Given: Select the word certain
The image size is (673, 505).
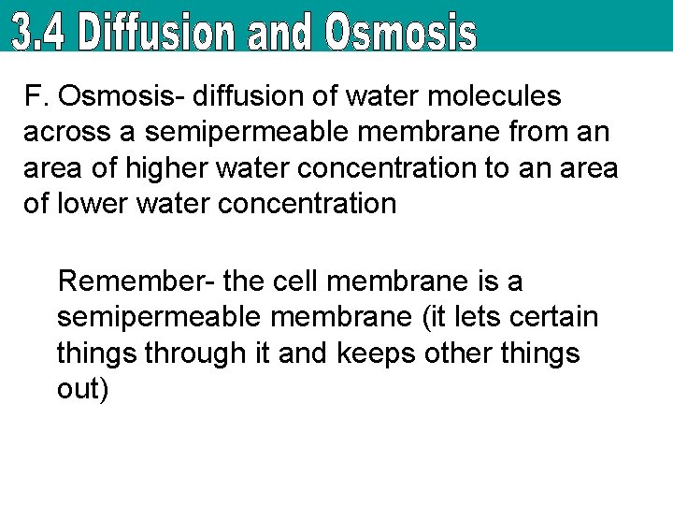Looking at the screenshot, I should click(x=551, y=316).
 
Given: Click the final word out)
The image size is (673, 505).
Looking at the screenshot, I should click(x=83, y=389).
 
